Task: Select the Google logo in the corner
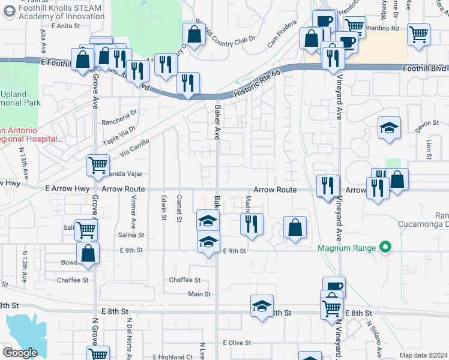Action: [x=20, y=353]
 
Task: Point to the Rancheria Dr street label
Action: [x=120, y=112]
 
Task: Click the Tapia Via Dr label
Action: [x=119, y=133]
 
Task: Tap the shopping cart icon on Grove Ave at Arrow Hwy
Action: [x=98, y=164]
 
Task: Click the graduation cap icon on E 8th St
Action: [x=262, y=305]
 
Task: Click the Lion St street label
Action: [x=429, y=146]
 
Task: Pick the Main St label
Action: [x=199, y=294]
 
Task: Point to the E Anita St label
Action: [x=65, y=26]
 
